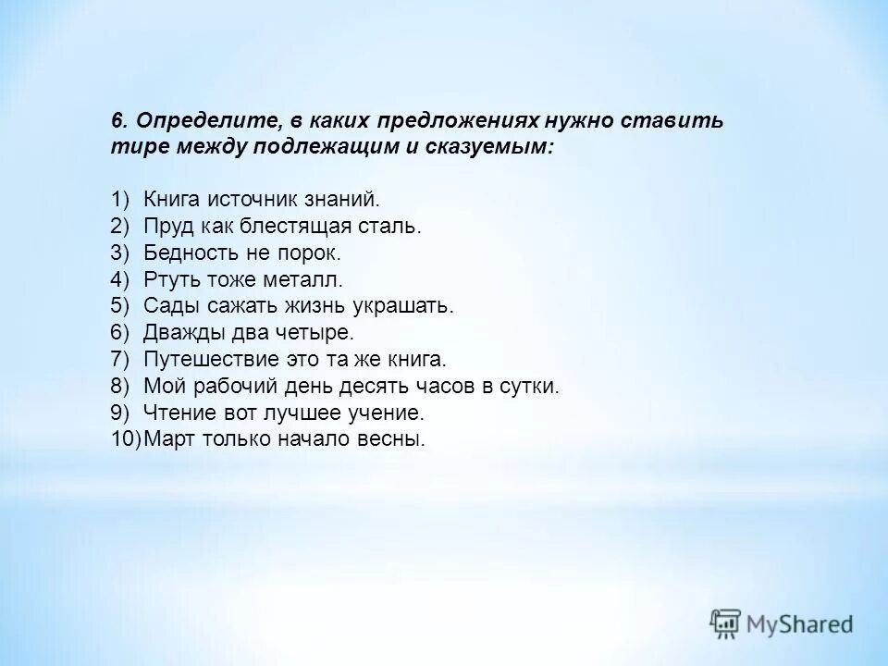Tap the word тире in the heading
tap(131, 146)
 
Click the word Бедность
tap(185, 253)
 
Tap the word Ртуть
tap(167, 279)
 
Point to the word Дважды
tap(179, 332)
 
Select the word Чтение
tap(173, 413)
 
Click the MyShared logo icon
tap(726, 624)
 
